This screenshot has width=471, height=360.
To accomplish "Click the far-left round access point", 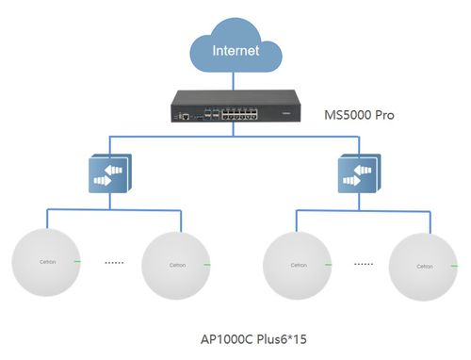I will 45,261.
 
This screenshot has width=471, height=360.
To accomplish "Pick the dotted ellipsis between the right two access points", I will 363,263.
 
